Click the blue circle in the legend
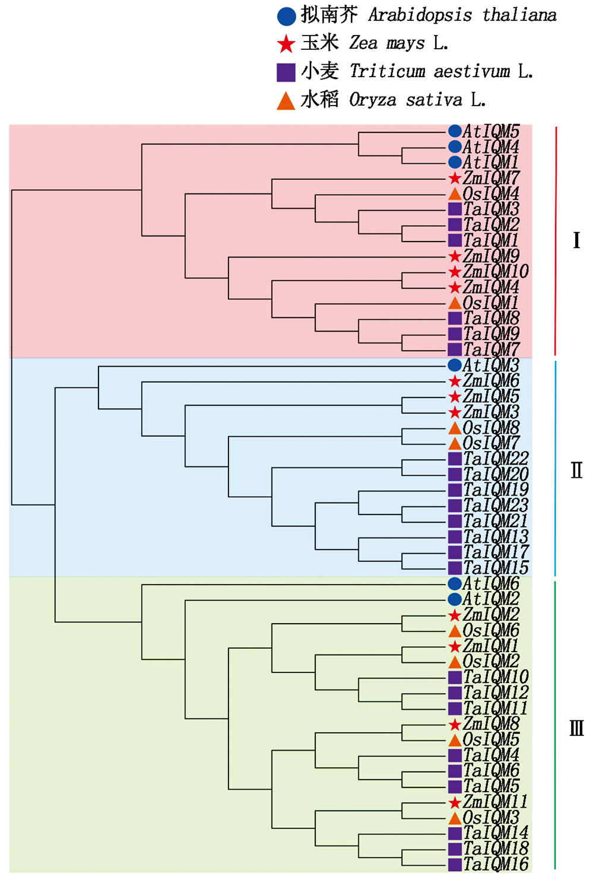coord(286,16)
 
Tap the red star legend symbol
coord(286,43)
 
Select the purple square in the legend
coord(286,72)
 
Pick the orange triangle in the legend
coord(286,101)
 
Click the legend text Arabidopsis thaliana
coord(462,15)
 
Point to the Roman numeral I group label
coord(576,240)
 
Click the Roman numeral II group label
coord(576,470)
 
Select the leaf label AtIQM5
coord(491,131)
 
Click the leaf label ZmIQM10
coord(496,271)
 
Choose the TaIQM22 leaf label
coord(496,459)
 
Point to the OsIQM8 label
coord(491,427)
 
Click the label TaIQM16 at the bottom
coord(496,865)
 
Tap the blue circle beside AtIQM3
coord(455,365)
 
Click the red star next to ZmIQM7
coord(455,178)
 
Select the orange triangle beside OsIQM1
coord(455,303)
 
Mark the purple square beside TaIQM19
coord(455,490)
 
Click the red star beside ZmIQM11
coord(455,802)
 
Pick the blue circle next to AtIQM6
coord(455,583)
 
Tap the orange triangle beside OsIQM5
coord(455,740)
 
